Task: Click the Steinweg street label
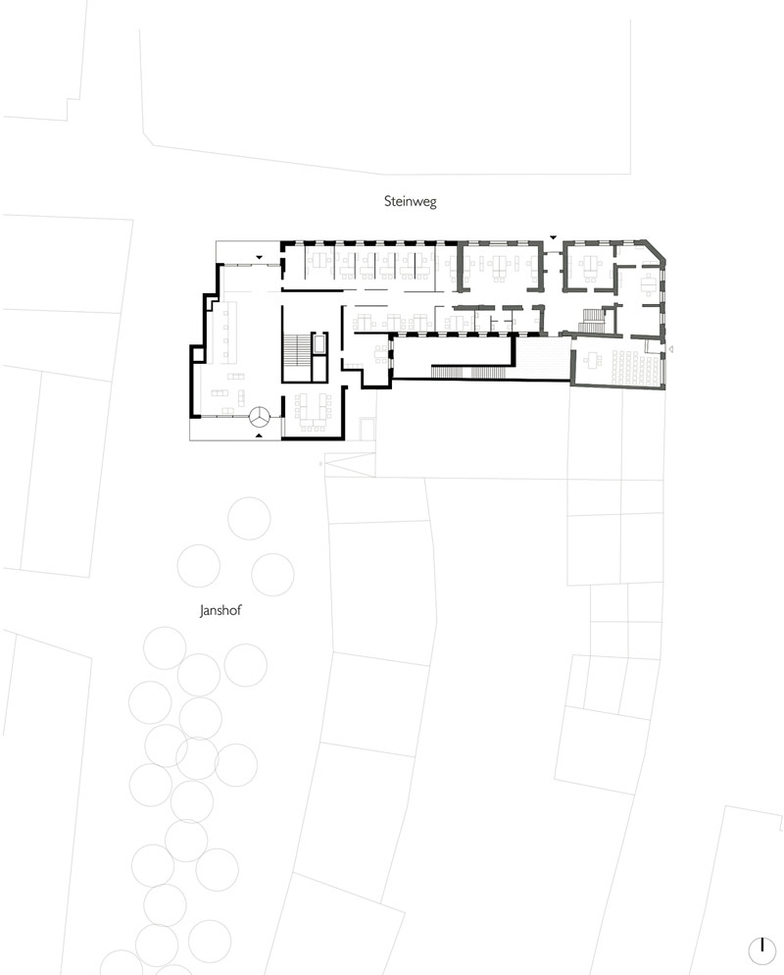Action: click(x=410, y=201)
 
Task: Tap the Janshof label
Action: click(x=220, y=610)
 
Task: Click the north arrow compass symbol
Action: click(x=761, y=949)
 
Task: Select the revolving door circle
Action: click(x=259, y=417)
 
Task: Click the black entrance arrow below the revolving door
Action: click(x=259, y=436)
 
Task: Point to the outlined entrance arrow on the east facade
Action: click(x=671, y=349)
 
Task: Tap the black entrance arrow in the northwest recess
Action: click(x=259, y=257)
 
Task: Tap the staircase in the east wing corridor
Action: click(x=591, y=321)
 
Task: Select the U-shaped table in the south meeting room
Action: click(x=312, y=410)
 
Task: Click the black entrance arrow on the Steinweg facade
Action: click(x=553, y=237)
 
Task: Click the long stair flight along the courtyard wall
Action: click(x=471, y=372)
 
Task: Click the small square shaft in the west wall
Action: click(x=198, y=354)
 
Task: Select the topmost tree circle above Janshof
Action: click(x=249, y=518)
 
